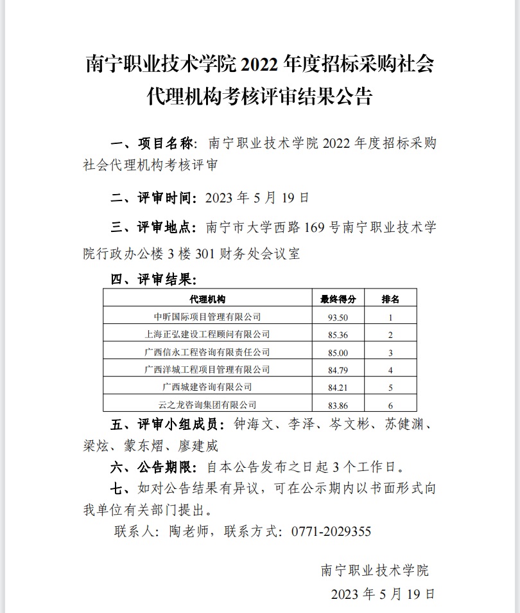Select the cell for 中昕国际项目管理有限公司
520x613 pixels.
[x=207, y=317]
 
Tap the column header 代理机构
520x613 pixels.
[x=207, y=299]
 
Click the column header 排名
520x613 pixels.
[x=390, y=299]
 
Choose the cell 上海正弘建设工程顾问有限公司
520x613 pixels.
[x=207, y=334]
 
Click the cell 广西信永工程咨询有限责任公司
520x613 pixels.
[x=207, y=352]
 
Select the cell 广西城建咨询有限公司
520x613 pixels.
[x=207, y=387]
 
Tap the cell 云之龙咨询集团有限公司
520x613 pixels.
[x=207, y=405]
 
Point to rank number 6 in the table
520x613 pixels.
[x=390, y=405]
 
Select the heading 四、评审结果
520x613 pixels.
[x=153, y=280]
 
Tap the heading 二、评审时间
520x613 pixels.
[x=153, y=197]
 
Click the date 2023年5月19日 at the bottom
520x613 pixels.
[x=383, y=593]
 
